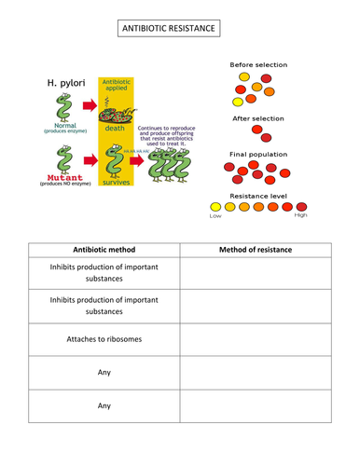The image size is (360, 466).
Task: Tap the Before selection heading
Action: point(258,64)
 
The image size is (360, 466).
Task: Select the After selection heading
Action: point(258,119)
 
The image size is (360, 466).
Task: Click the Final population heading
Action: point(258,154)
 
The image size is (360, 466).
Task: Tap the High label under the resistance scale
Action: point(300,216)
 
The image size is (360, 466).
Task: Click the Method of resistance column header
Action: point(256,249)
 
